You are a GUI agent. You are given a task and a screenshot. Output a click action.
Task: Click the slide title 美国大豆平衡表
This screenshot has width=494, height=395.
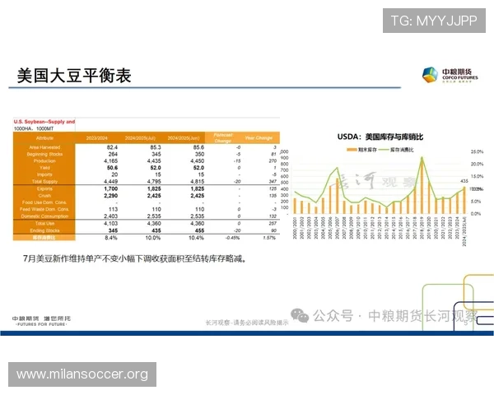[x=75, y=77]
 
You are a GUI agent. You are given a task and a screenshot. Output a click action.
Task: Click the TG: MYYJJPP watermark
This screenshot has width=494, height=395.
[x=433, y=21]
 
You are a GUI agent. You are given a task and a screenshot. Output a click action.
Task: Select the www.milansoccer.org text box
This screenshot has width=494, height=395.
[x=82, y=374]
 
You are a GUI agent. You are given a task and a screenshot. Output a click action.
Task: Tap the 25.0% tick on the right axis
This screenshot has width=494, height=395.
[x=476, y=153]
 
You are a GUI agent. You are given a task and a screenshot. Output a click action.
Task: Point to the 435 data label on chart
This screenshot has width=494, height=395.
[x=464, y=181]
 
